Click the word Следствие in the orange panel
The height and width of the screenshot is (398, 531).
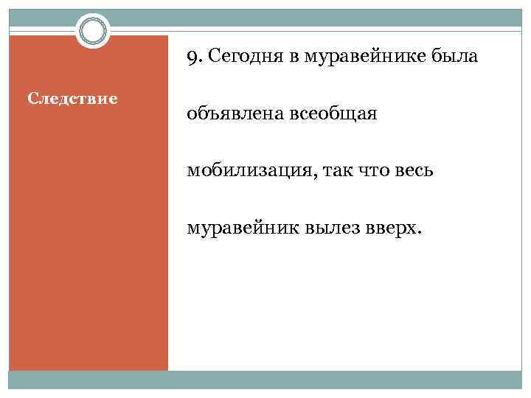click(x=72, y=98)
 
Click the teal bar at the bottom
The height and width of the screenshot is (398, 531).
click(x=265, y=380)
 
